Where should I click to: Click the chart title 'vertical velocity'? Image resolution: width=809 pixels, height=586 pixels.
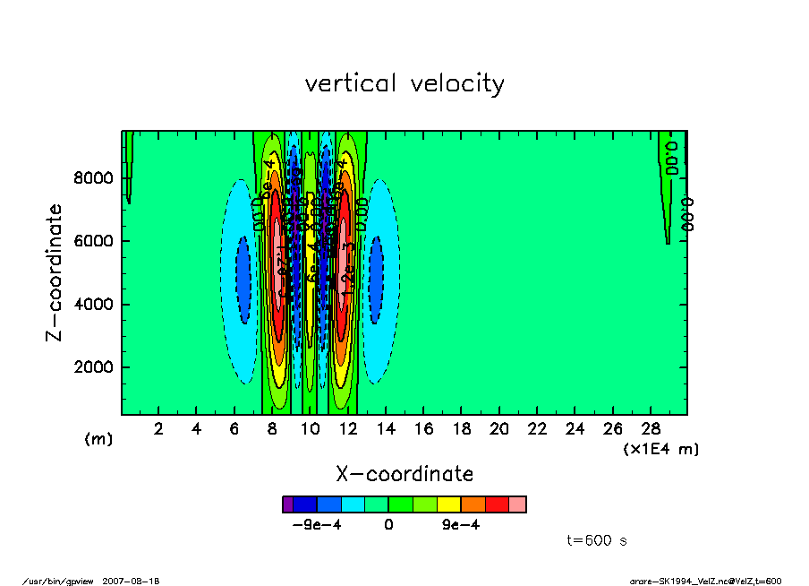(404, 84)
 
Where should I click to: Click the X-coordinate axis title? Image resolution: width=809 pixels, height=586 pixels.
(404, 474)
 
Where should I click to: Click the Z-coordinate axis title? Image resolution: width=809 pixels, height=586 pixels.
(55, 272)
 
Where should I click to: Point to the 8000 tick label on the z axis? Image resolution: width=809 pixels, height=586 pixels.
(92, 178)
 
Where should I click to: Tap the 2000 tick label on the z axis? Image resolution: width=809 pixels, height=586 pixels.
(92, 367)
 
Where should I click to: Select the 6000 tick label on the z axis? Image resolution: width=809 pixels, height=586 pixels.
(92, 241)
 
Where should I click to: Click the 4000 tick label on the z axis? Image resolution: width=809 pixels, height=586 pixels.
(92, 305)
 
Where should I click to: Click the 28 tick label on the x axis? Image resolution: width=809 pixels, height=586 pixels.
(651, 429)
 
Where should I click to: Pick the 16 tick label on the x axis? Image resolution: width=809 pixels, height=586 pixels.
(424, 429)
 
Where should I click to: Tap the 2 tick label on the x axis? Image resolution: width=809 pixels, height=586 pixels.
(159, 429)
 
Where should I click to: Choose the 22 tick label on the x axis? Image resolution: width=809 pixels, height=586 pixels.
(537, 429)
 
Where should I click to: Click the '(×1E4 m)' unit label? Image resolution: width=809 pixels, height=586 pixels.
(661, 449)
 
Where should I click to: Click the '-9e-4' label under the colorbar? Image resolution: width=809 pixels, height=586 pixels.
(317, 526)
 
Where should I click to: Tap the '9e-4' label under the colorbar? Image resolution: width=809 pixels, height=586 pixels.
(461, 526)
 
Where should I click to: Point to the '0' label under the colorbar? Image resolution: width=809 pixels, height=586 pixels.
(388, 526)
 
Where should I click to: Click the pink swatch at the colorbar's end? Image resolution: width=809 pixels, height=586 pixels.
(516, 504)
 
